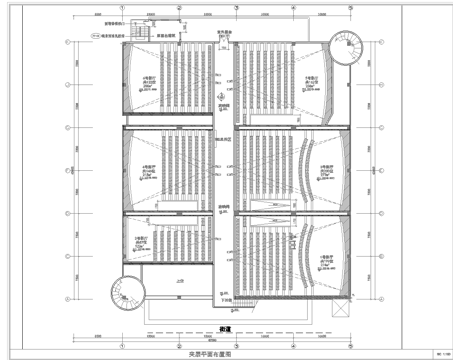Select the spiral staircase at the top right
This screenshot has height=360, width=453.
point(344,47)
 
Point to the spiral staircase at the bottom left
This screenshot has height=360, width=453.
point(130,290)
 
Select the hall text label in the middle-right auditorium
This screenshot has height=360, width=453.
point(325,171)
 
